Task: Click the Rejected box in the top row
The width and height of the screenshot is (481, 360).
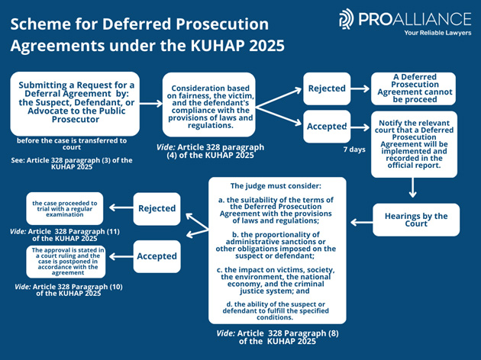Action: pyautogui.click(x=326, y=88)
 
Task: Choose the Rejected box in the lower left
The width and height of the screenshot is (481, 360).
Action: pyautogui.click(x=157, y=208)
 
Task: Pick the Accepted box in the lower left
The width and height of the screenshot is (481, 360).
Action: pyautogui.click(x=157, y=256)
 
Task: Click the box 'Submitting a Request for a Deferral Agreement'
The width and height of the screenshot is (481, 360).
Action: pyautogui.click(x=75, y=104)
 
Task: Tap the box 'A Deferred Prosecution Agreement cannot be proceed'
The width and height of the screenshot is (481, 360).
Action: pyautogui.click(x=413, y=88)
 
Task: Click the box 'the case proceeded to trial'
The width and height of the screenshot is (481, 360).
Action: pyautogui.click(x=64, y=208)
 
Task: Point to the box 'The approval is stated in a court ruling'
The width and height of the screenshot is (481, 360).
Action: pyautogui.click(x=64, y=260)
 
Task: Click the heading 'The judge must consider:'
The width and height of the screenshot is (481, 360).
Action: pyautogui.click(x=276, y=185)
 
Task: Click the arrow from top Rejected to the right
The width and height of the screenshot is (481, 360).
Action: pyautogui.click(x=360, y=88)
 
